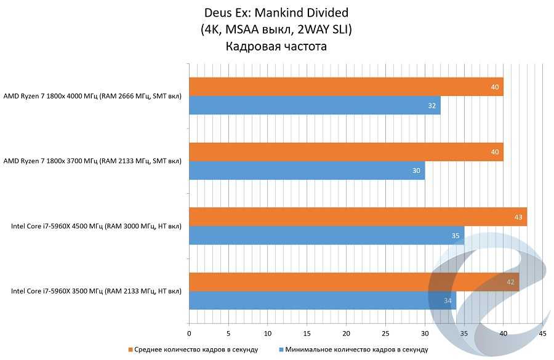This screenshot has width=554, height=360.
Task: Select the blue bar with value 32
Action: (x=315, y=106)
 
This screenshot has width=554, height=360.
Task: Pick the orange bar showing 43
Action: (x=358, y=217)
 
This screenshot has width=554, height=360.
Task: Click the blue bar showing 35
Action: (x=326, y=236)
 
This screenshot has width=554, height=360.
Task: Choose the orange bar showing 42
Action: (x=354, y=282)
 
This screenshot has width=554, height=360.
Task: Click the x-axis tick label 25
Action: (x=385, y=334)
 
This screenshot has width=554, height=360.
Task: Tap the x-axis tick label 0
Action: (x=189, y=334)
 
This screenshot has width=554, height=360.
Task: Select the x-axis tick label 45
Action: (x=542, y=334)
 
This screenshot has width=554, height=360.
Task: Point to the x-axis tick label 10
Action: (x=267, y=334)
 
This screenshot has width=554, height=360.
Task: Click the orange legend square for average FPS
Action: (x=130, y=350)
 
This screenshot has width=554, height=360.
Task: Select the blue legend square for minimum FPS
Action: (x=281, y=350)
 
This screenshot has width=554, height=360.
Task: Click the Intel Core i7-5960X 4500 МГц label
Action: (x=96, y=226)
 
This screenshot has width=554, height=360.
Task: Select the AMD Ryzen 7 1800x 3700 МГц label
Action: (x=92, y=161)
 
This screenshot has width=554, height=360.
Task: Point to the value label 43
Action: (x=519, y=217)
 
